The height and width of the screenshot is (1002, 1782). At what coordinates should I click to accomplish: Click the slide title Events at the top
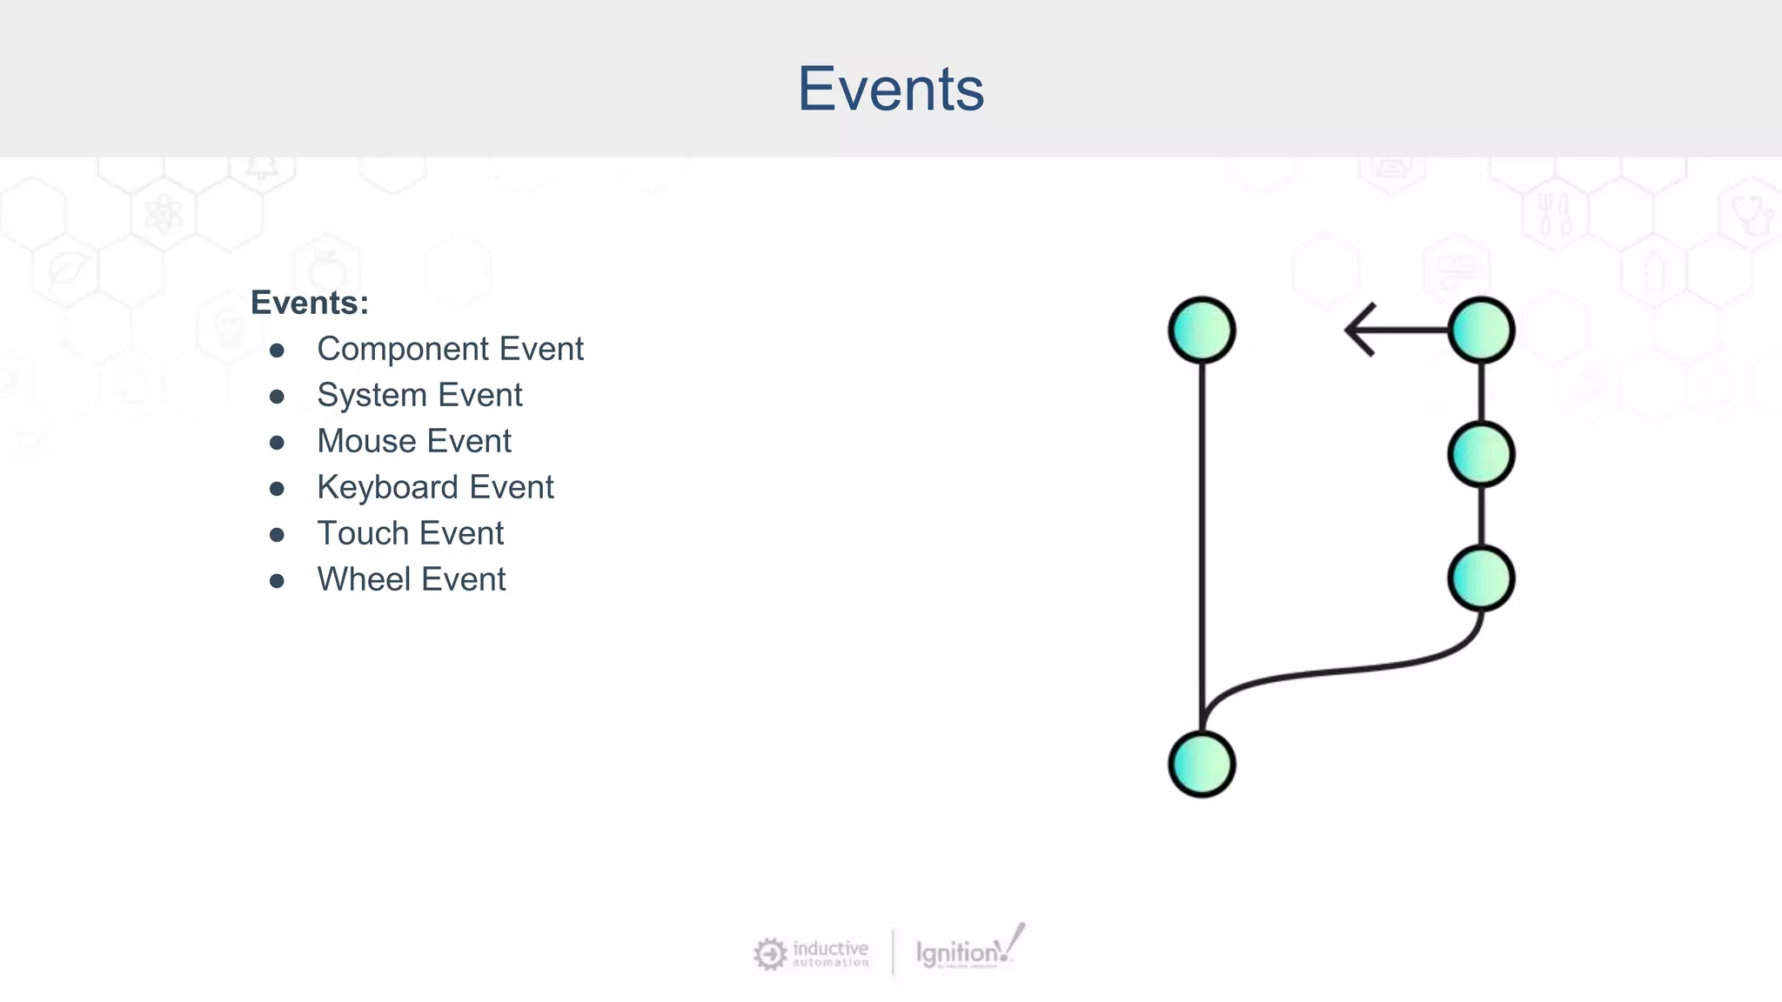pos(890,89)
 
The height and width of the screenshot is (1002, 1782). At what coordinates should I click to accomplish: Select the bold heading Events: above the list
pos(309,303)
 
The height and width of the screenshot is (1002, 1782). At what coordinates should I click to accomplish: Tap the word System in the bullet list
pos(372,395)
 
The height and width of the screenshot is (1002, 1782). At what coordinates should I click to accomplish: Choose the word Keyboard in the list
pos(387,487)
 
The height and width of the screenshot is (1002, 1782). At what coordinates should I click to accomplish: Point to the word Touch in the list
pos(362,533)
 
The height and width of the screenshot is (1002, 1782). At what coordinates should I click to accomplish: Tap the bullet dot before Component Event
pos(277,351)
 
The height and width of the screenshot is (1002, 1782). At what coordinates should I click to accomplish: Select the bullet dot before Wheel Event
pos(277,581)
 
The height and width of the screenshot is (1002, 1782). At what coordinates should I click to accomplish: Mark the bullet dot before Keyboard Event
pos(277,489)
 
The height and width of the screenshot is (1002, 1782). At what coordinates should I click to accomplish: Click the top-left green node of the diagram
pos(1202,331)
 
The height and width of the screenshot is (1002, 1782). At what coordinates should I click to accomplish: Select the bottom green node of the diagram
pos(1202,764)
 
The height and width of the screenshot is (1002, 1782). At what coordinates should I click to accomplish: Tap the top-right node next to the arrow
pos(1481,331)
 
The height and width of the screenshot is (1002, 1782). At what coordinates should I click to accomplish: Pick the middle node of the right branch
pos(1481,454)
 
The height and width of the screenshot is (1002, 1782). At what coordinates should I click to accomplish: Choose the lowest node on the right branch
pos(1481,578)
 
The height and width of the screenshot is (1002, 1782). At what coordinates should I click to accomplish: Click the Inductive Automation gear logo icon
pos(770,953)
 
